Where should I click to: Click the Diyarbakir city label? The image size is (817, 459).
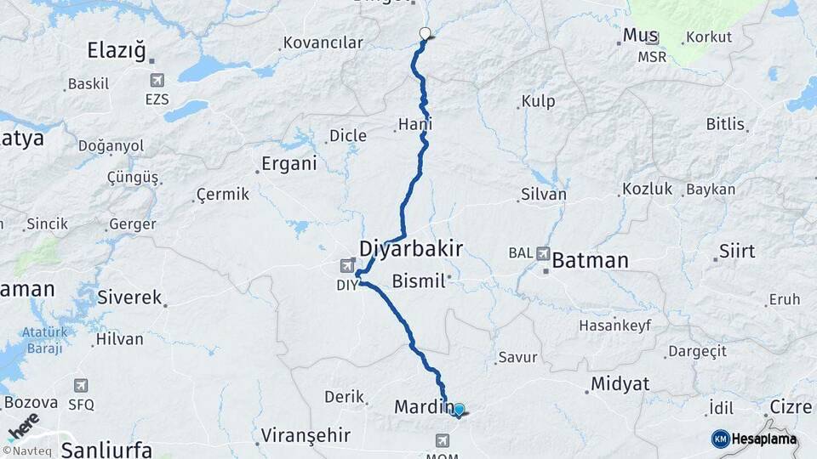(411, 249)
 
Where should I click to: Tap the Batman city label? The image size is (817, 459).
(590, 260)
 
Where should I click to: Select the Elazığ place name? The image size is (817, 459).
(117, 50)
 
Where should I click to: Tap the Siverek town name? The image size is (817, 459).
(129, 297)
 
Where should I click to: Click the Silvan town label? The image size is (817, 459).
(542, 195)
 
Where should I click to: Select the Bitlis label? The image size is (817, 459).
(725, 124)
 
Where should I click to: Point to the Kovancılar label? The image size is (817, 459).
(323, 42)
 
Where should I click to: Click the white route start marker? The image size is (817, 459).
(426, 34)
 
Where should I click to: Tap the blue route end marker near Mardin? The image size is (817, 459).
(460, 410)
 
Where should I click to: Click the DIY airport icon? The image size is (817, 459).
(348, 266)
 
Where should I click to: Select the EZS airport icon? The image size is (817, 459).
(157, 80)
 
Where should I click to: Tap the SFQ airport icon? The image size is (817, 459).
(81, 385)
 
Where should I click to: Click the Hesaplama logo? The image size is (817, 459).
(755, 439)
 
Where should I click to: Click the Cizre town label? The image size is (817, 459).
(791, 406)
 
